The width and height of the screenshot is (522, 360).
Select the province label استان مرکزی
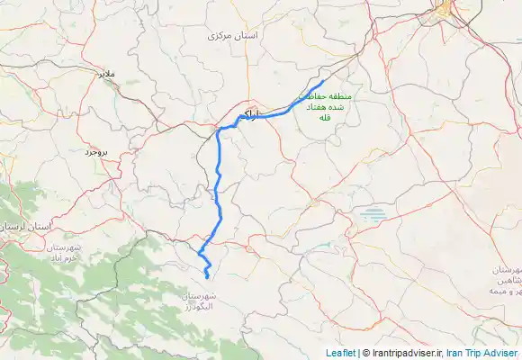pos(232,35)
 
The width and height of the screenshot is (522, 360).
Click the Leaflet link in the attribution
pos(341,353)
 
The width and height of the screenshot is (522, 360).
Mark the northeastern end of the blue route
pos(323,80)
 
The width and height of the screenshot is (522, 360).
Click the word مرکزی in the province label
pos(220,35)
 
